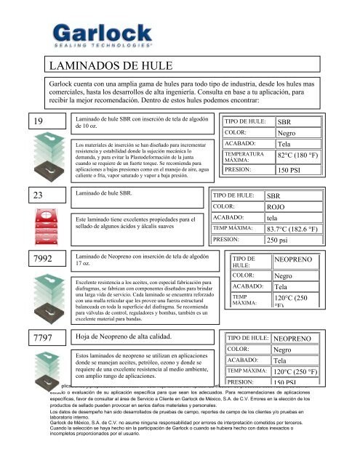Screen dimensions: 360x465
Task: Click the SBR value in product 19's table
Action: click(284, 122)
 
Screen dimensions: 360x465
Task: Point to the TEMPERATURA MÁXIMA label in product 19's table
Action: click(244, 156)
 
